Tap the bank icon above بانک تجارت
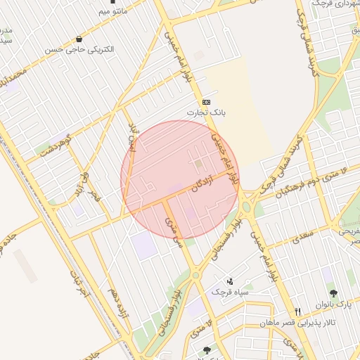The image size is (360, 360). [x=205, y=102]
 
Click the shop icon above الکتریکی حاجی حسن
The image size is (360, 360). [x=78, y=39]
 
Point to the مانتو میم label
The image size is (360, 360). [x=112, y=12]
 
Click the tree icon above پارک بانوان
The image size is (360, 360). [x=333, y=294]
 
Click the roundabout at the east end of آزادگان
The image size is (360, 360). [x=245, y=206]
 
